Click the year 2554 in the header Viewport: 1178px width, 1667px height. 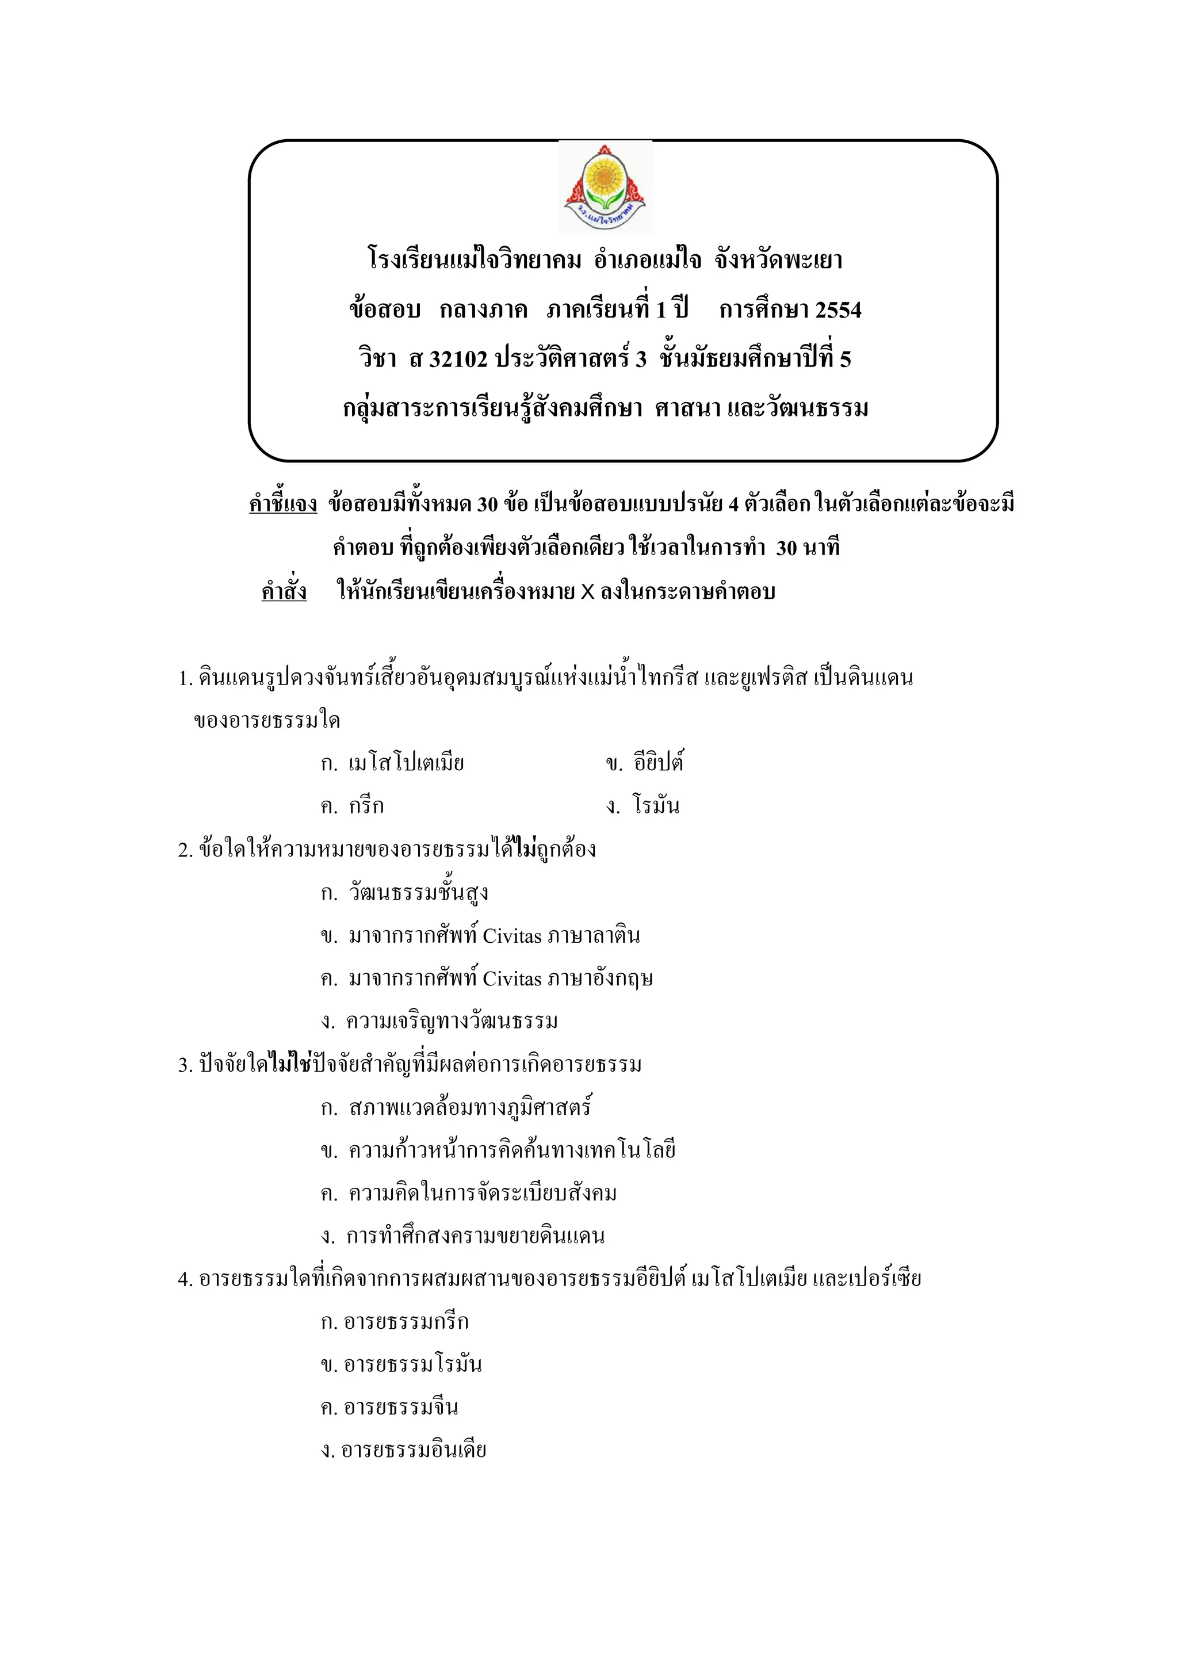(838, 310)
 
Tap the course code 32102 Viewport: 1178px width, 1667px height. (458, 359)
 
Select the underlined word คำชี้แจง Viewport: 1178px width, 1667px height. (283, 504)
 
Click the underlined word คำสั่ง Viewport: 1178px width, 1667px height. (284, 592)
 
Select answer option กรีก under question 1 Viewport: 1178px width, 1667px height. (366, 806)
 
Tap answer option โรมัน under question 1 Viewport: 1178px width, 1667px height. (655, 806)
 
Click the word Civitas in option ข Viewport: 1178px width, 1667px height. (512, 936)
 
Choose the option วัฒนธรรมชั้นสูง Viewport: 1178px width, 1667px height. (418, 893)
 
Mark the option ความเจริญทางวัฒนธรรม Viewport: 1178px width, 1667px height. (452, 1022)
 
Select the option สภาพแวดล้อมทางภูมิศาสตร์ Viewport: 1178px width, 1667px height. (469, 1108)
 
